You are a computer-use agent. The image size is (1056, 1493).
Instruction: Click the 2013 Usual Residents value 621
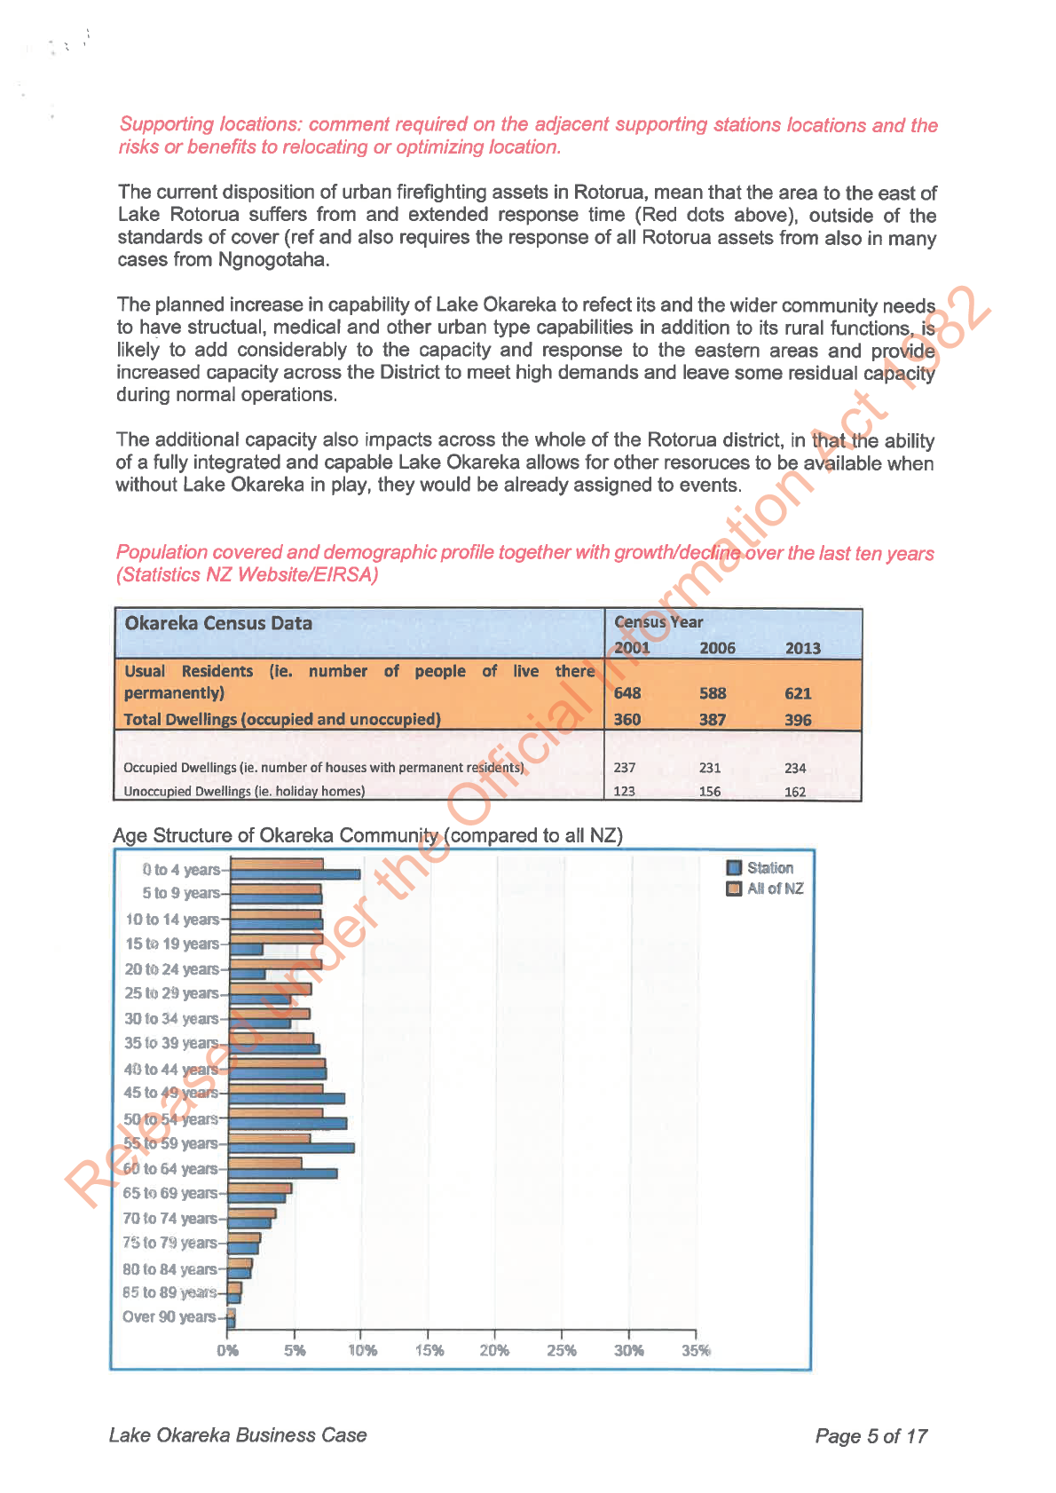pyautogui.click(x=798, y=693)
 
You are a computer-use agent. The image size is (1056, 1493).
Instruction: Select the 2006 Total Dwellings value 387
pyautogui.click(x=713, y=720)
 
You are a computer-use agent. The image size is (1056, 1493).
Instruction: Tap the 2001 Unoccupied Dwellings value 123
pyautogui.click(x=624, y=791)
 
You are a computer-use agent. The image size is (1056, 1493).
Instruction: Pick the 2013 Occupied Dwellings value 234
pyautogui.click(x=795, y=768)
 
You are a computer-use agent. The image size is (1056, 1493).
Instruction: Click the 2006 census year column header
pyautogui.click(x=717, y=648)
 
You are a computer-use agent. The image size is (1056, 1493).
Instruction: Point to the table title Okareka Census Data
pyautogui.click(x=218, y=623)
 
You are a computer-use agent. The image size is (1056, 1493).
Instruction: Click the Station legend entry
pyautogui.click(x=769, y=868)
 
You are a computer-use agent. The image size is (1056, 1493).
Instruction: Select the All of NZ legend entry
pyautogui.click(x=775, y=889)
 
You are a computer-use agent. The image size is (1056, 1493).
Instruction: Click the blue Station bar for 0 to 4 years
pyautogui.click(x=295, y=874)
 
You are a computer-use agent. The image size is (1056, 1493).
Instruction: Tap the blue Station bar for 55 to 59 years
pyautogui.click(x=291, y=1148)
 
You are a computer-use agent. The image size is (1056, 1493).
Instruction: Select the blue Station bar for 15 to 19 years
pyautogui.click(x=246, y=950)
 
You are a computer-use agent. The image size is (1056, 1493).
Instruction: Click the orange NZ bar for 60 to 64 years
pyautogui.click(x=264, y=1163)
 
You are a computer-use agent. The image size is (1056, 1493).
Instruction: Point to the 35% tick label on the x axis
pyautogui.click(x=696, y=1350)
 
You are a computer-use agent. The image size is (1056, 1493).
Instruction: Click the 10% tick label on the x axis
pyautogui.click(x=362, y=1350)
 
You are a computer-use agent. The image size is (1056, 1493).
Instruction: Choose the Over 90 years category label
pyautogui.click(x=169, y=1316)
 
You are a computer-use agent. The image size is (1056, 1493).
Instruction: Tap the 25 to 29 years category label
pyautogui.click(x=171, y=993)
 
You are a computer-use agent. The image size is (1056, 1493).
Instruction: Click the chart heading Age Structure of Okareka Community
pyautogui.click(x=367, y=835)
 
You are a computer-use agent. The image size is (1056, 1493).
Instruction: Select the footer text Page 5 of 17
pyautogui.click(x=871, y=1436)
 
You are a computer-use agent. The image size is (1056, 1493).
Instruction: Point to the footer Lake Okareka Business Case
pyautogui.click(x=238, y=1435)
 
